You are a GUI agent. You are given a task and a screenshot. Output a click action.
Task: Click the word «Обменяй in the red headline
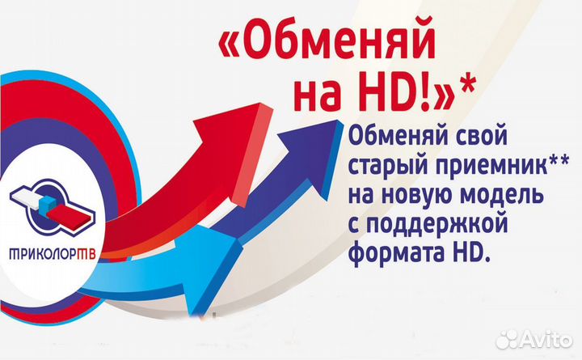click(335, 41)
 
